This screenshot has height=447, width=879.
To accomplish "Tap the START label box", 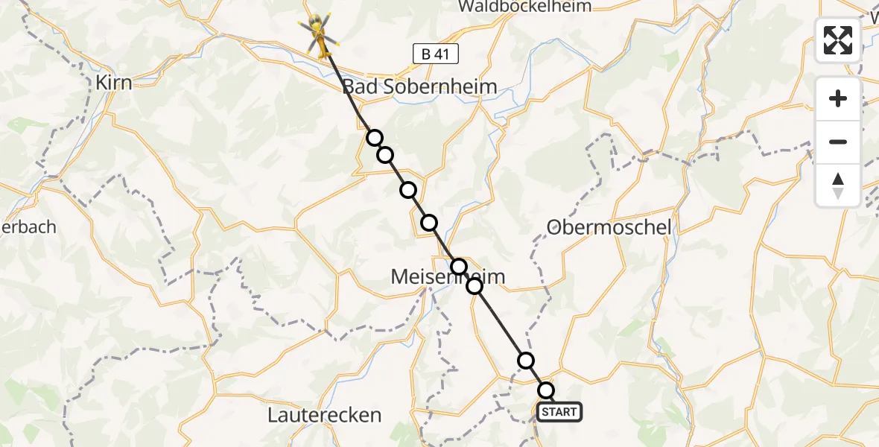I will tap(559, 412).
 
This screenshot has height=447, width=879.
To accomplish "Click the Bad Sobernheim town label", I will tap(419, 87).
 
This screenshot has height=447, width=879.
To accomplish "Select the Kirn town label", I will tap(114, 83).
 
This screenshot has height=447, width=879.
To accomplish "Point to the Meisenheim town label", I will tap(448, 278).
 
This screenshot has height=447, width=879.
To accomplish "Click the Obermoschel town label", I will tap(609, 227).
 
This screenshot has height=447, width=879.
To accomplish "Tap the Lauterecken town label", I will tap(325, 415).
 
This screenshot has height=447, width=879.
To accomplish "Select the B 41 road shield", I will tap(435, 53).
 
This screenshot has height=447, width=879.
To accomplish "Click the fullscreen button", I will tap(838, 39).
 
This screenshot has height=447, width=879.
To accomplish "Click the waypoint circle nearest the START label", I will tap(546, 390).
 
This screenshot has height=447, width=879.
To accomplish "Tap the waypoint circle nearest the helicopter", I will tap(375, 138).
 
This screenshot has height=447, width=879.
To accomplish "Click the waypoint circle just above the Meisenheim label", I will tap(459, 266).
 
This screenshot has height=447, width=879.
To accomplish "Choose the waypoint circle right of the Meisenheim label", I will tap(475, 285).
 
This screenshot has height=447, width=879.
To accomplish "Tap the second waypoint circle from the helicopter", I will tap(385, 155).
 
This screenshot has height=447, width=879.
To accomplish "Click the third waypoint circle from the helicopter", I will tap(408, 190).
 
